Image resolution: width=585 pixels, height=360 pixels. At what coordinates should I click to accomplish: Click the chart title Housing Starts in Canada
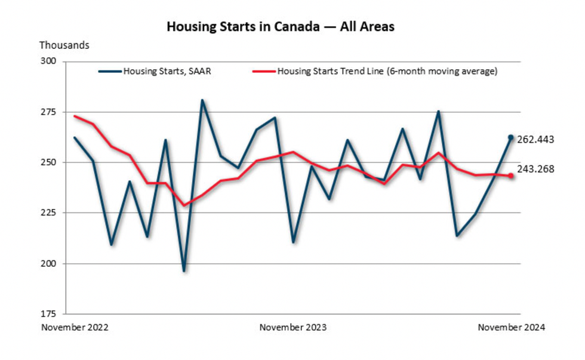(x=280, y=27)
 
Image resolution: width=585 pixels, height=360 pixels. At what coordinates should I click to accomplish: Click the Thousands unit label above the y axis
(x=64, y=45)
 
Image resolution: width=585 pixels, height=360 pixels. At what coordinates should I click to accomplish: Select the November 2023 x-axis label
(x=294, y=327)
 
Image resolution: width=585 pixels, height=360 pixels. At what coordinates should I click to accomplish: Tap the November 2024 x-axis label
(x=512, y=327)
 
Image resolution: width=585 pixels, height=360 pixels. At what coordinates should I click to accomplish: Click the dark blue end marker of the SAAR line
(x=510, y=137)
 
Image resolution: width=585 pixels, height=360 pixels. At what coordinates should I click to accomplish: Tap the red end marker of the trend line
(x=510, y=176)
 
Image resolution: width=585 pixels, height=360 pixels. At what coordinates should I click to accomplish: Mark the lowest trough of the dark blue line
(x=184, y=271)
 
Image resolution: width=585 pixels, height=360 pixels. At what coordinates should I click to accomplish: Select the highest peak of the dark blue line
(x=202, y=100)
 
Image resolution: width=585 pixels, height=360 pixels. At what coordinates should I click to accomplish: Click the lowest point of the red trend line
(x=184, y=205)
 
